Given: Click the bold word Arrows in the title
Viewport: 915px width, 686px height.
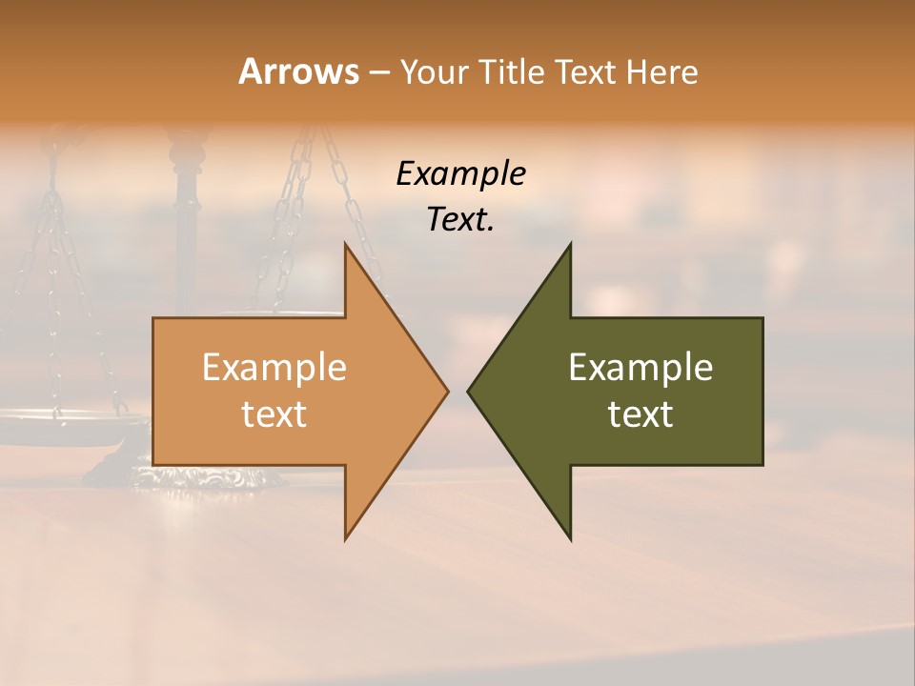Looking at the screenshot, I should (x=298, y=71).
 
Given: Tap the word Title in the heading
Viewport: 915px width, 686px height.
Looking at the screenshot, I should (x=505, y=72).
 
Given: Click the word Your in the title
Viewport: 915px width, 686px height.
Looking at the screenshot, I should (x=433, y=72).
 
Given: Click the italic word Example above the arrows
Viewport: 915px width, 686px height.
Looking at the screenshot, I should (x=460, y=174).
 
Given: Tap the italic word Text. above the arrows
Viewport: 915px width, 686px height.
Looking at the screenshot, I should (x=460, y=220).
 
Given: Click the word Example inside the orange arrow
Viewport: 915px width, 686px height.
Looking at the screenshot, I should (x=274, y=368).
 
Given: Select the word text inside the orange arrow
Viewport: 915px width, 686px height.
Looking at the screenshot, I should (x=274, y=414).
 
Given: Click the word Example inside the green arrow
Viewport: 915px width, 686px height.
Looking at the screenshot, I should (x=640, y=368).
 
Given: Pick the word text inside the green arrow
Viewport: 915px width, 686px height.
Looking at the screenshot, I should (x=640, y=414).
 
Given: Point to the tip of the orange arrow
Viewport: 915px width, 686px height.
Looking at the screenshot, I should (x=446, y=391).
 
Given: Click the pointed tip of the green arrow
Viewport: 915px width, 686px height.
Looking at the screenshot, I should (x=470, y=391).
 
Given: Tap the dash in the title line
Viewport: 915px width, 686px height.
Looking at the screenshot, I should (x=378, y=72).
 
